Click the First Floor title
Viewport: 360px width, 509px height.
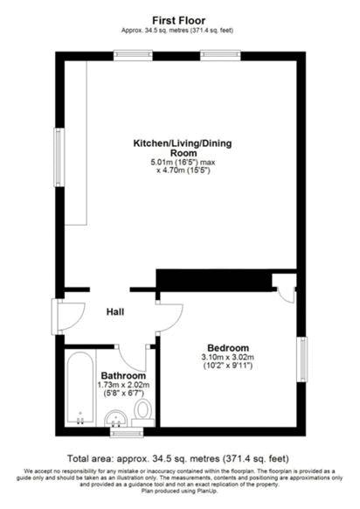pos(179,21)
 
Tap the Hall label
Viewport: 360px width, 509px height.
pos(115,312)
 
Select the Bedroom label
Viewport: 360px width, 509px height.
pos(228,348)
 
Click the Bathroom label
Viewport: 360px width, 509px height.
pos(123,376)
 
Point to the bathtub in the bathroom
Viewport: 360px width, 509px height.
pos(80,388)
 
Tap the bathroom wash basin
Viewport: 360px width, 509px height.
pos(116,419)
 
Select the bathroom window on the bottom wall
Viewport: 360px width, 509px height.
pos(127,432)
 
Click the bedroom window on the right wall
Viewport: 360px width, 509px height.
pos(302,359)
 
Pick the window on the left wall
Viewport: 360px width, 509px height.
pos(59,157)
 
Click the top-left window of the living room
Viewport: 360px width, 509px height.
pos(133,55)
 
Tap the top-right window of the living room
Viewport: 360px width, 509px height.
pos(220,55)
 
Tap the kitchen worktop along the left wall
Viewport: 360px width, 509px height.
pos(76,143)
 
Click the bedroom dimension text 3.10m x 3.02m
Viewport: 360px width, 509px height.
pos(228,358)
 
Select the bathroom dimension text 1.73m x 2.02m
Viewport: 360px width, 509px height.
pos(123,386)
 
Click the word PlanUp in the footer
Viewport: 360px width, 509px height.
pos(207,492)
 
